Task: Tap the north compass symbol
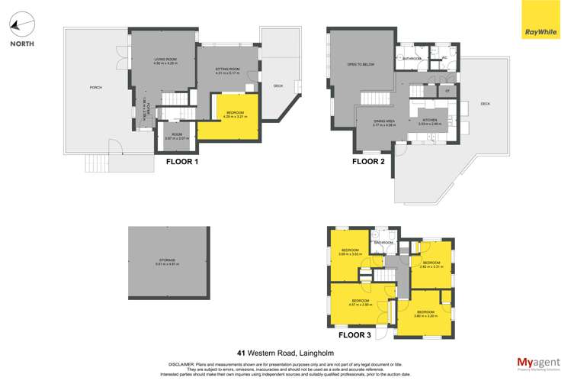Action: click(22, 24)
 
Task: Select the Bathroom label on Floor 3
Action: click(383, 244)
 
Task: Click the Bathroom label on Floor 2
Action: click(413, 59)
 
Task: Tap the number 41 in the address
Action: click(241, 354)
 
